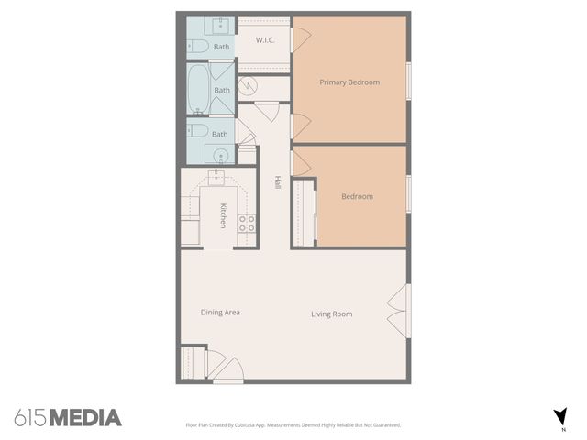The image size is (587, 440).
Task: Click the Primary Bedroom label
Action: pos(349,82)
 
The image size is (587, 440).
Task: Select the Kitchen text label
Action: pos(223,216)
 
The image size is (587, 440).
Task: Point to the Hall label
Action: pos(277,182)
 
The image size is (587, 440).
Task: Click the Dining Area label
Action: pos(220,313)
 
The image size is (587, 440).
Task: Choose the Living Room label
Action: pos(331,314)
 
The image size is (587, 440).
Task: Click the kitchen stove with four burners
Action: pos(247,221)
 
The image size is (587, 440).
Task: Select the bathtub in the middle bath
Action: pos(198,89)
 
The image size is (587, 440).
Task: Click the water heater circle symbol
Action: pos(249,88)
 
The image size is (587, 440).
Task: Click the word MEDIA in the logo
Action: pos(85,418)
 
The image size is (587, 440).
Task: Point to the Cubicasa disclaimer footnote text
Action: pos(293,424)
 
